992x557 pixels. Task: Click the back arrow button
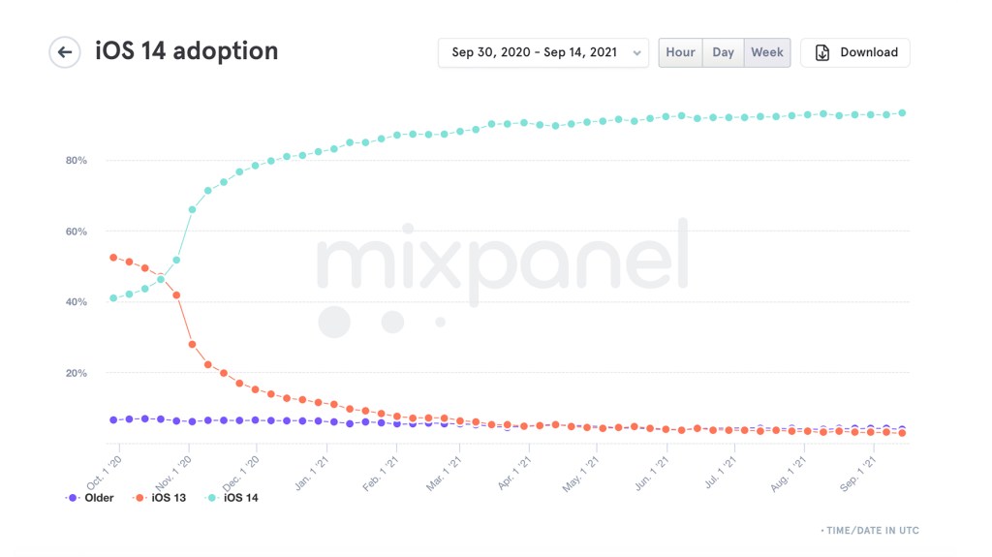coord(65,52)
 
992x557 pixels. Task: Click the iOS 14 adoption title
coord(186,51)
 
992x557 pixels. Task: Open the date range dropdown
coord(542,52)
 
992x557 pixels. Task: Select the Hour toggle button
coord(680,52)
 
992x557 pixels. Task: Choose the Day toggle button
coord(723,52)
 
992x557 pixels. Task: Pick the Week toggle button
coord(767,52)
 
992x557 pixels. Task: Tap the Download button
coord(855,52)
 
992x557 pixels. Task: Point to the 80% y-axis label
coord(76,161)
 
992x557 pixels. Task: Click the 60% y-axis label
coord(76,232)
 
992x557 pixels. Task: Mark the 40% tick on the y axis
coord(76,302)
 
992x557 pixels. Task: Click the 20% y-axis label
coord(76,373)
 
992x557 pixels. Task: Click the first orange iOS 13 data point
coord(113,258)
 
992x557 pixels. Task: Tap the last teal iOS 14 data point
coord(902,113)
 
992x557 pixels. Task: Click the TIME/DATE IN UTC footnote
coord(870,531)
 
